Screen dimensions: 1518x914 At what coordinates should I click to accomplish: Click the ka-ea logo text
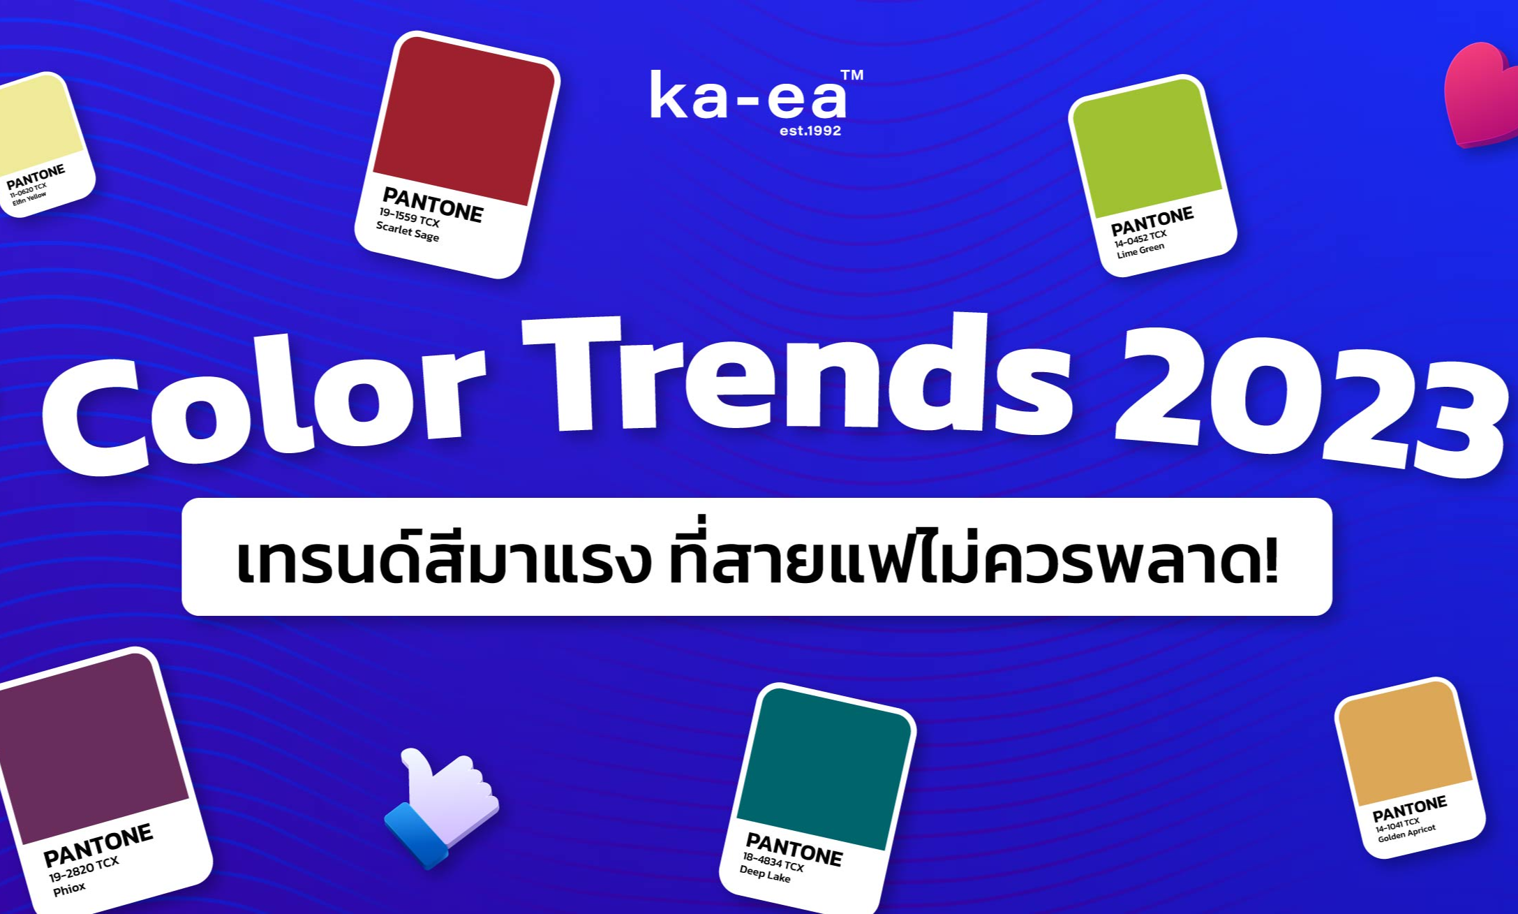[x=749, y=97]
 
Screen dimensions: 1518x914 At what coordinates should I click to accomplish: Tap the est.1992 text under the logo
[x=810, y=131]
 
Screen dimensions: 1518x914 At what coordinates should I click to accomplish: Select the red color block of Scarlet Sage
[x=464, y=120]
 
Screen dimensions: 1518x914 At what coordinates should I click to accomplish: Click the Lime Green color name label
[x=1140, y=250]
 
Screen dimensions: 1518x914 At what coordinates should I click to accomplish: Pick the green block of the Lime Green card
[x=1147, y=147]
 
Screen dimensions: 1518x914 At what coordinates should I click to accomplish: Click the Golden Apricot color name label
[x=1406, y=833]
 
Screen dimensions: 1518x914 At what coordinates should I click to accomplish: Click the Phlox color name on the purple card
[x=69, y=889]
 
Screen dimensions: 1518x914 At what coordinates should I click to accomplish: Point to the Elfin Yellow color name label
[x=29, y=198]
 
